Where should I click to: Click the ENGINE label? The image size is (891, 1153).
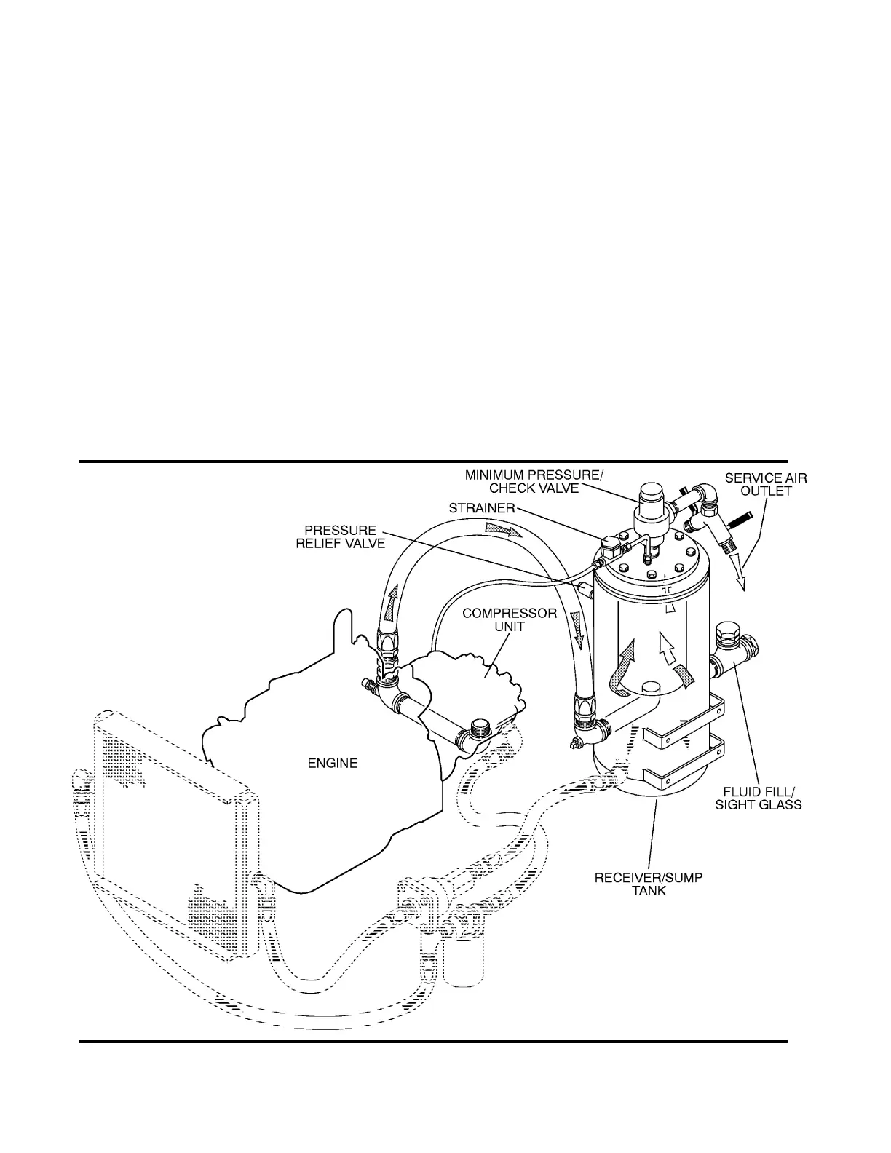tap(332, 764)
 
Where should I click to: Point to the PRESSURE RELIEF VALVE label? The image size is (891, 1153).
tap(341, 537)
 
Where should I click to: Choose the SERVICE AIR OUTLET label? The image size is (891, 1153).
tap(765, 485)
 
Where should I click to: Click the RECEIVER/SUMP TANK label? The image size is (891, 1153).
tap(649, 884)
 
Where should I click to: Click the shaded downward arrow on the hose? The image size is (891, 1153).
tap(579, 627)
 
